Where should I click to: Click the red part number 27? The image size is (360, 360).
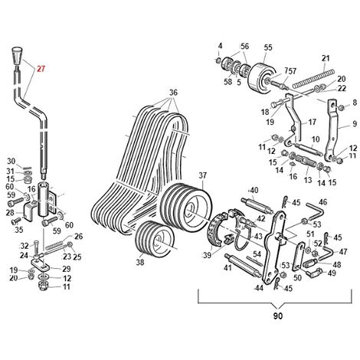41,69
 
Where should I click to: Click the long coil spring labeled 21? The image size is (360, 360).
313,78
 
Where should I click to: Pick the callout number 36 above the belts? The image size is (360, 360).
173,93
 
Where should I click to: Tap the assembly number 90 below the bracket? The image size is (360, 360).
278,316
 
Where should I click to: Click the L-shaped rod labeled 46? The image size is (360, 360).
316,211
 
